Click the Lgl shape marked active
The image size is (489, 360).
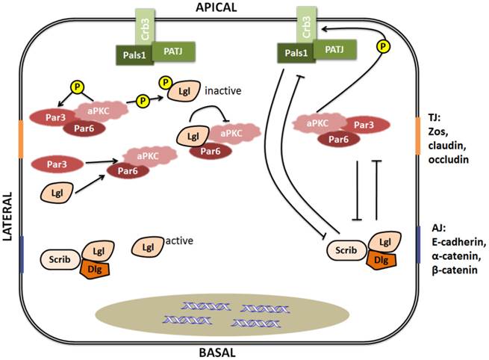[149, 246]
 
